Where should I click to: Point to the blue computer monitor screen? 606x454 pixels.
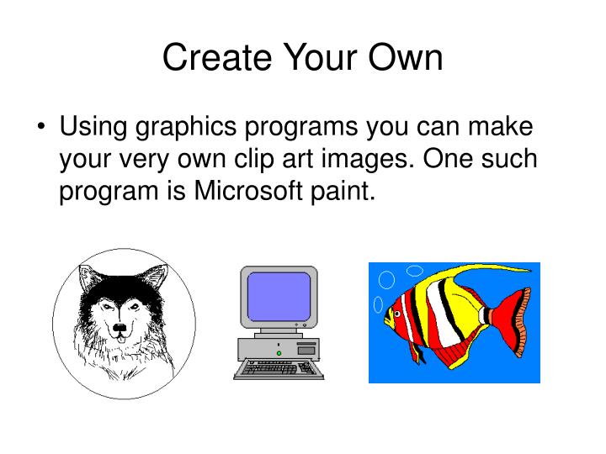pos(279,295)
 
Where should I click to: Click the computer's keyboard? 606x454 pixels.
pos(278,368)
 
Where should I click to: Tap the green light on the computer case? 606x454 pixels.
pos(279,353)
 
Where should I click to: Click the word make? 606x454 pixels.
pos(502,129)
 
